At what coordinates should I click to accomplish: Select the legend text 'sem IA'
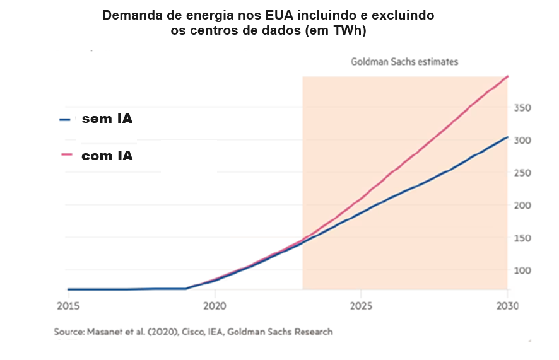107,119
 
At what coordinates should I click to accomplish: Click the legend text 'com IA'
107,156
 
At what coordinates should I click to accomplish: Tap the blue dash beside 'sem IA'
64,119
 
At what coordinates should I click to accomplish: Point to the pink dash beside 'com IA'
64,156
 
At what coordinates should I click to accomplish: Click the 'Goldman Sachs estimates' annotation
404,62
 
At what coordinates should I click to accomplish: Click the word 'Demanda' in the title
131,15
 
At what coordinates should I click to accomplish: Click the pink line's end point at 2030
507,76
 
